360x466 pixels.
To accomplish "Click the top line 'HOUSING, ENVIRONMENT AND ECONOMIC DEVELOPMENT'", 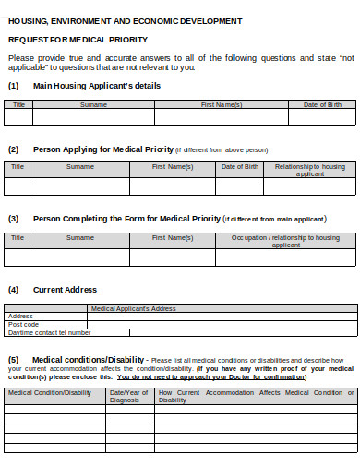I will [x=126, y=19].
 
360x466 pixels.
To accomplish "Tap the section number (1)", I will [x=14, y=86].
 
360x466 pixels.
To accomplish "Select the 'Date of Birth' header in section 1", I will [x=322, y=104].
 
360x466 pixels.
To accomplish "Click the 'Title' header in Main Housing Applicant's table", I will [x=18, y=104].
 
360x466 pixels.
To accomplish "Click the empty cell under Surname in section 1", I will [x=93, y=117].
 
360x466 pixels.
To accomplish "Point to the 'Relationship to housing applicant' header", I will [x=310, y=170].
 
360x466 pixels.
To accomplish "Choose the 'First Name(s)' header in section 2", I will [x=173, y=166].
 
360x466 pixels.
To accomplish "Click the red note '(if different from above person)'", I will [x=222, y=149].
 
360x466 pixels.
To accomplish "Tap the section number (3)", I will [x=14, y=219].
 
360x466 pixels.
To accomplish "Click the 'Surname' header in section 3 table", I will [x=79, y=237].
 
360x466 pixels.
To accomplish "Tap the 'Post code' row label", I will [x=24, y=324].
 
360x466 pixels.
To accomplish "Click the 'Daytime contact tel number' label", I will [x=43, y=332].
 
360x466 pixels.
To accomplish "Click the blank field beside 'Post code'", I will [x=222, y=324].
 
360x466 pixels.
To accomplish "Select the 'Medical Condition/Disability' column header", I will [x=50, y=392].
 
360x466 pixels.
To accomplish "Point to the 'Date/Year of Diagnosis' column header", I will [x=129, y=396].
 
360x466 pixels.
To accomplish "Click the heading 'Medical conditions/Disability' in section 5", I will [x=88, y=359].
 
